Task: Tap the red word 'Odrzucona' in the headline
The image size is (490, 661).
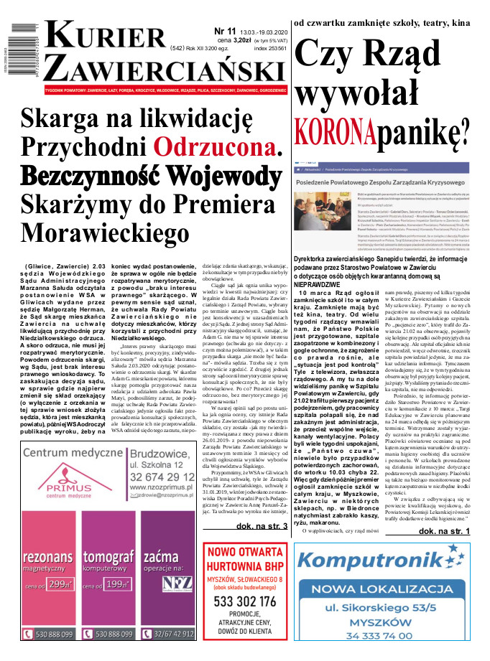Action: (218, 146)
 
